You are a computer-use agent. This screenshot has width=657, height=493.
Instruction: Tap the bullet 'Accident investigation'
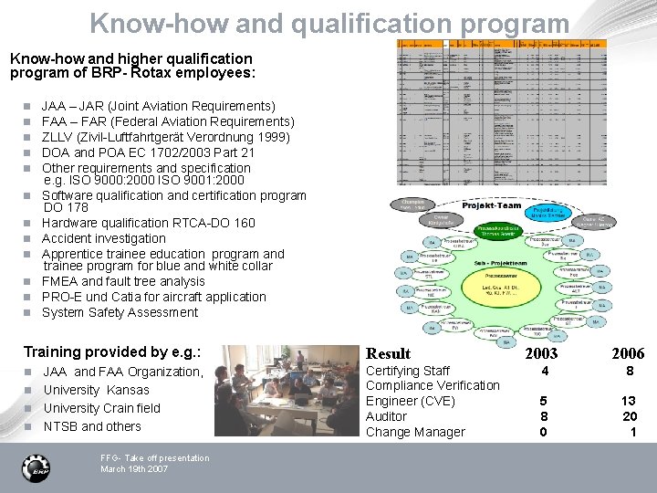click(x=103, y=238)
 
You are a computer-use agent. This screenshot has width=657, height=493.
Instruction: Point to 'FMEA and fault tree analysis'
click(x=123, y=281)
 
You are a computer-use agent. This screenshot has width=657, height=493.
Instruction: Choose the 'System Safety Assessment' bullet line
click(x=120, y=312)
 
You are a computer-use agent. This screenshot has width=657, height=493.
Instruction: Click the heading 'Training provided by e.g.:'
click(x=112, y=351)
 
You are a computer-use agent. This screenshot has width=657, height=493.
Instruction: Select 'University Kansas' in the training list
click(x=96, y=390)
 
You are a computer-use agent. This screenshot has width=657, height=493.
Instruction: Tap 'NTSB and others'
click(x=92, y=426)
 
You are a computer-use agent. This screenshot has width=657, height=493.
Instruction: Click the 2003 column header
click(x=541, y=353)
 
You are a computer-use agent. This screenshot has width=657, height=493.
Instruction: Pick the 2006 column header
click(x=628, y=353)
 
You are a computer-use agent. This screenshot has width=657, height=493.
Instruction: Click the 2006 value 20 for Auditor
click(x=629, y=416)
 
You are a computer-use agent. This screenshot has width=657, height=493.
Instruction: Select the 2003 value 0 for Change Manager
click(x=544, y=432)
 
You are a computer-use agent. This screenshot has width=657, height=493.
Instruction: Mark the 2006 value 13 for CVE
click(x=629, y=401)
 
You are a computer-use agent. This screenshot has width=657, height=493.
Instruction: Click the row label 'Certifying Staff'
click(x=407, y=371)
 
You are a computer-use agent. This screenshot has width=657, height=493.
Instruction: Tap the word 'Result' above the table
click(x=388, y=353)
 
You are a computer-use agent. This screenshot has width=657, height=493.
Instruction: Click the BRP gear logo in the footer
click(x=36, y=467)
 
